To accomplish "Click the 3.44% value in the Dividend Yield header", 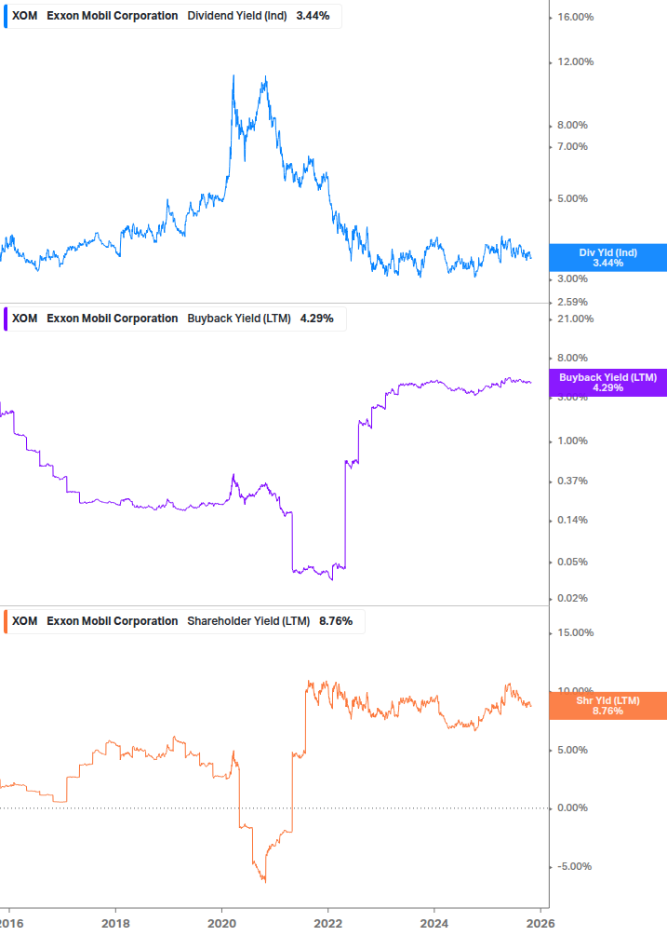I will (313, 16).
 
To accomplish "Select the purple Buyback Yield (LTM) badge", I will (607, 382).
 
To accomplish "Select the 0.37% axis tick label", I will (569, 481).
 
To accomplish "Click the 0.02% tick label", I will (569, 598).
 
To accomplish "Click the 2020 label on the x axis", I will (221, 924).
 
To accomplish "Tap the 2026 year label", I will (540, 924).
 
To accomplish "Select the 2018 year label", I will (115, 924).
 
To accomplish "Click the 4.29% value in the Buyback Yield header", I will (316, 319).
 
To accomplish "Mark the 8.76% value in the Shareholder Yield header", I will (336, 621).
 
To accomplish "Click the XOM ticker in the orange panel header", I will (25, 621).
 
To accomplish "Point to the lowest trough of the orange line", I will (264, 880).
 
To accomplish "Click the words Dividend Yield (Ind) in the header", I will (237, 16).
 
